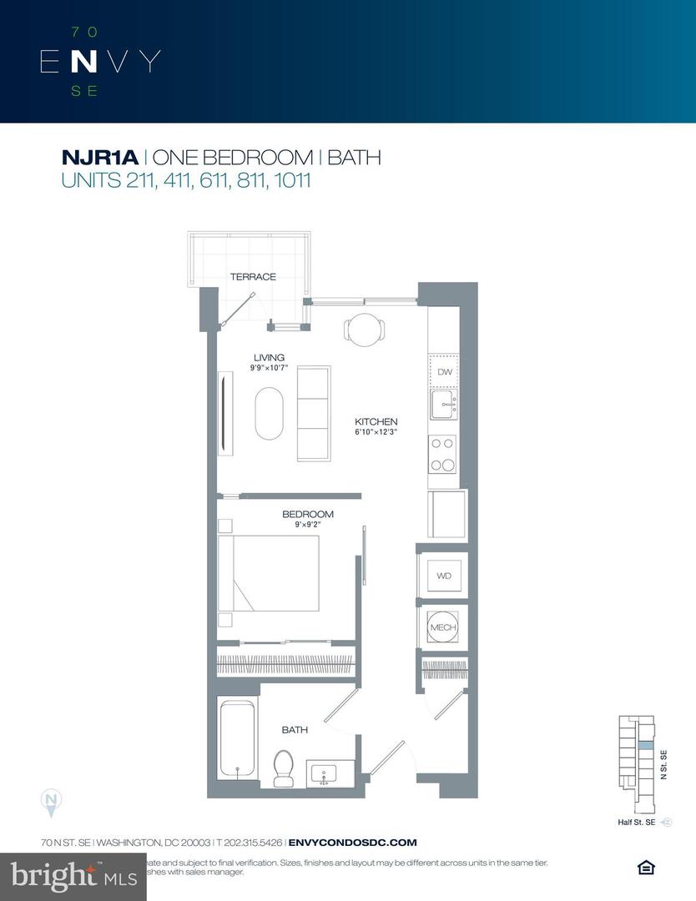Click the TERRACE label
point(253,277)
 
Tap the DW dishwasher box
point(444,373)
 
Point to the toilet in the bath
point(284,766)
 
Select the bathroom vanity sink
point(325,773)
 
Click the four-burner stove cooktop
point(443,455)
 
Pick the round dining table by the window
point(364,330)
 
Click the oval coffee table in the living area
point(269,413)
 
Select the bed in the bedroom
point(269,574)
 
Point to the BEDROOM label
point(308,514)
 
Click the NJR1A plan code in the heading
point(100,157)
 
